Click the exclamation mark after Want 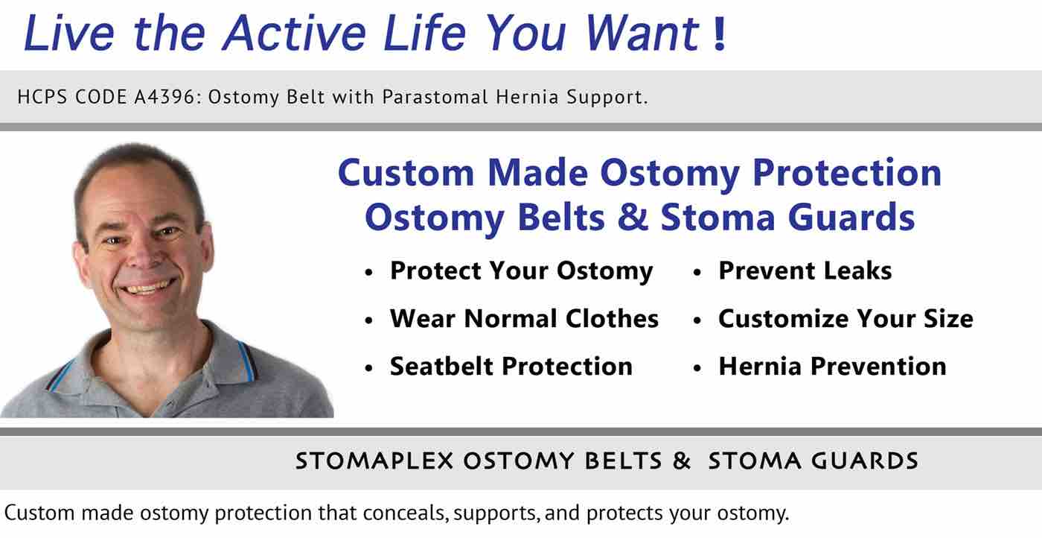coord(719,34)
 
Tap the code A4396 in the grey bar coord(168,97)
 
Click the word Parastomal coord(435,97)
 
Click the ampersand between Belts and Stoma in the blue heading coord(633,217)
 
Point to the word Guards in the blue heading coord(851,217)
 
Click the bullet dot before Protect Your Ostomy coord(369,273)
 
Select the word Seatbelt coord(441,366)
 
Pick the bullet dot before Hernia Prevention coord(697,368)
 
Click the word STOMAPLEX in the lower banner coord(374,461)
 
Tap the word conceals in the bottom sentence coord(406,513)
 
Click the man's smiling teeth coord(147,287)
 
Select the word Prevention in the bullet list coord(878,366)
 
